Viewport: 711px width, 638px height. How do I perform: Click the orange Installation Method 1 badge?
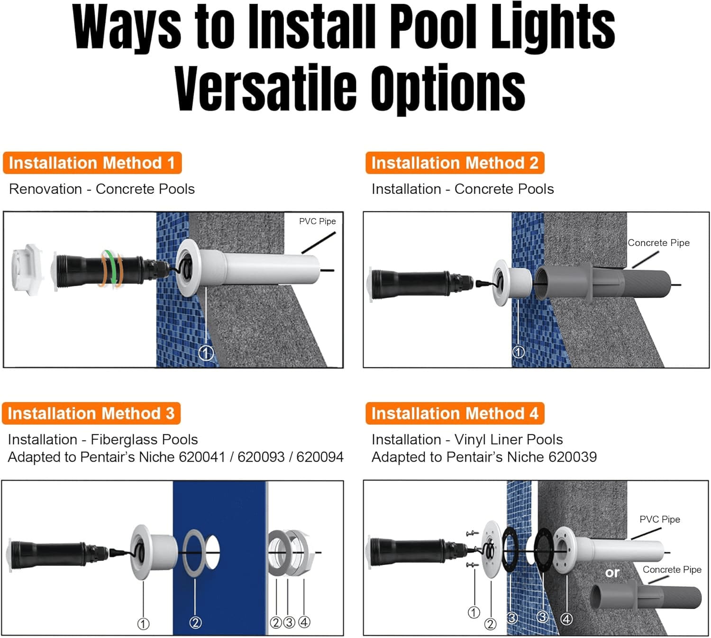point(92,163)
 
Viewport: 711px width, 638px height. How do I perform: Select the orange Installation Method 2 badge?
point(455,163)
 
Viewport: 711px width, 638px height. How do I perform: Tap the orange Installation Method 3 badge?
point(91,413)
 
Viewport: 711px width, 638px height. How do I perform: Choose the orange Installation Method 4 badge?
point(455,413)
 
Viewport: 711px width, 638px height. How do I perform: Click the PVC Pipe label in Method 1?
point(317,221)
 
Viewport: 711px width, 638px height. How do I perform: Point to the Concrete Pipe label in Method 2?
point(658,243)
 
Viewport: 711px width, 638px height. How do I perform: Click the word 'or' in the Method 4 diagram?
point(612,573)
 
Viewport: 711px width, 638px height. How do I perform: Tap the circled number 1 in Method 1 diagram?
point(206,353)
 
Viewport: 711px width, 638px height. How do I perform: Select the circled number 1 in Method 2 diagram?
point(518,352)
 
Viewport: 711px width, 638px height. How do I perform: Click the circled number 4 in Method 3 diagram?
point(304,622)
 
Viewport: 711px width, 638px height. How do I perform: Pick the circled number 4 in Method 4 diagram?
point(566,619)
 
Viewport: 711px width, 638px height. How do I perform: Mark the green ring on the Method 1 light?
point(111,268)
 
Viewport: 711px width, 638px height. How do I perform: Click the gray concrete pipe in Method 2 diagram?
point(607,283)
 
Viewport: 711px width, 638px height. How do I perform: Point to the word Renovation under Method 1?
point(46,189)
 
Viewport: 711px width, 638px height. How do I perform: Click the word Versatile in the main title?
point(265,89)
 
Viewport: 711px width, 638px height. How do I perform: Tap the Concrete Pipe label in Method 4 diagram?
point(672,570)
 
